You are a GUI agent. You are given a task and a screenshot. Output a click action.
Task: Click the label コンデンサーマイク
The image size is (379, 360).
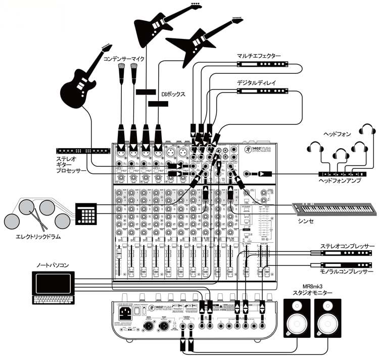(x=124, y=59)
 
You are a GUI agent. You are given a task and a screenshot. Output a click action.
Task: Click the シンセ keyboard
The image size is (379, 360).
(x=334, y=207)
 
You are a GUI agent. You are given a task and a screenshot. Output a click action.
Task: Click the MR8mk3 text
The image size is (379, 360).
(x=318, y=286)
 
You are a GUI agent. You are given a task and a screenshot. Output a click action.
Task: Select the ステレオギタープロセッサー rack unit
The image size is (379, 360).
(x=84, y=150)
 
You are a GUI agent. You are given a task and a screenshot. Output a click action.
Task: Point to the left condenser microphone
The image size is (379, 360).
(x=121, y=73)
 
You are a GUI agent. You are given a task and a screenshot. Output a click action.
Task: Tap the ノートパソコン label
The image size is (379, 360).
(x=52, y=265)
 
